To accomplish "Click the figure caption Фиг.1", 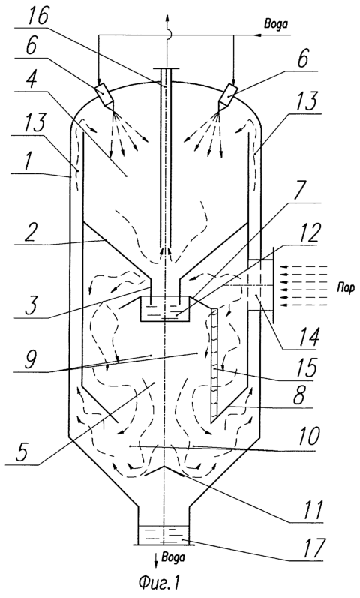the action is (x=159, y=582).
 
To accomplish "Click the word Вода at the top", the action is (x=276, y=23).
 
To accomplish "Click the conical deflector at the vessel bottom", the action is (x=164, y=470).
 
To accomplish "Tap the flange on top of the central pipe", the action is (x=166, y=68).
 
